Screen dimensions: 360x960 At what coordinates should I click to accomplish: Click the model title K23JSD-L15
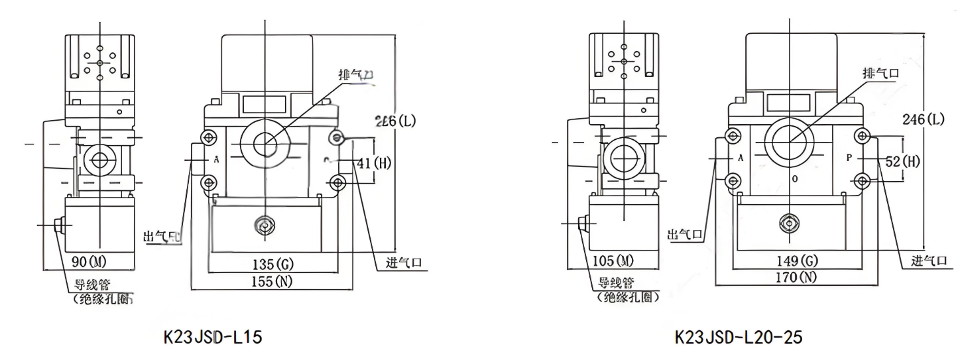pyautogui.click(x=212, y=337)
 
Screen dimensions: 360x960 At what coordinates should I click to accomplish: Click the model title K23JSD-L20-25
pyautogui.click(x=738, y=337)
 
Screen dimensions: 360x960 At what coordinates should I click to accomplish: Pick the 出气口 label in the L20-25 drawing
pyautogui.click(x=685, y=234)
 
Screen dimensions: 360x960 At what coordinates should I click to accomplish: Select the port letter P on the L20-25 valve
pyautogui.click(x=849, y=158)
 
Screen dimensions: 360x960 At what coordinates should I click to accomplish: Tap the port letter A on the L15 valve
pyautogui.click(x=216, y=160)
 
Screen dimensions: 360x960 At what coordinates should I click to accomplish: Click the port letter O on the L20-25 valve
pyautogui.click(x=794, y=180)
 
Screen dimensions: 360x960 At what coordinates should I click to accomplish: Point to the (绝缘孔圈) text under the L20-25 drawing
pyautogui.click(x=627, y=296)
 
